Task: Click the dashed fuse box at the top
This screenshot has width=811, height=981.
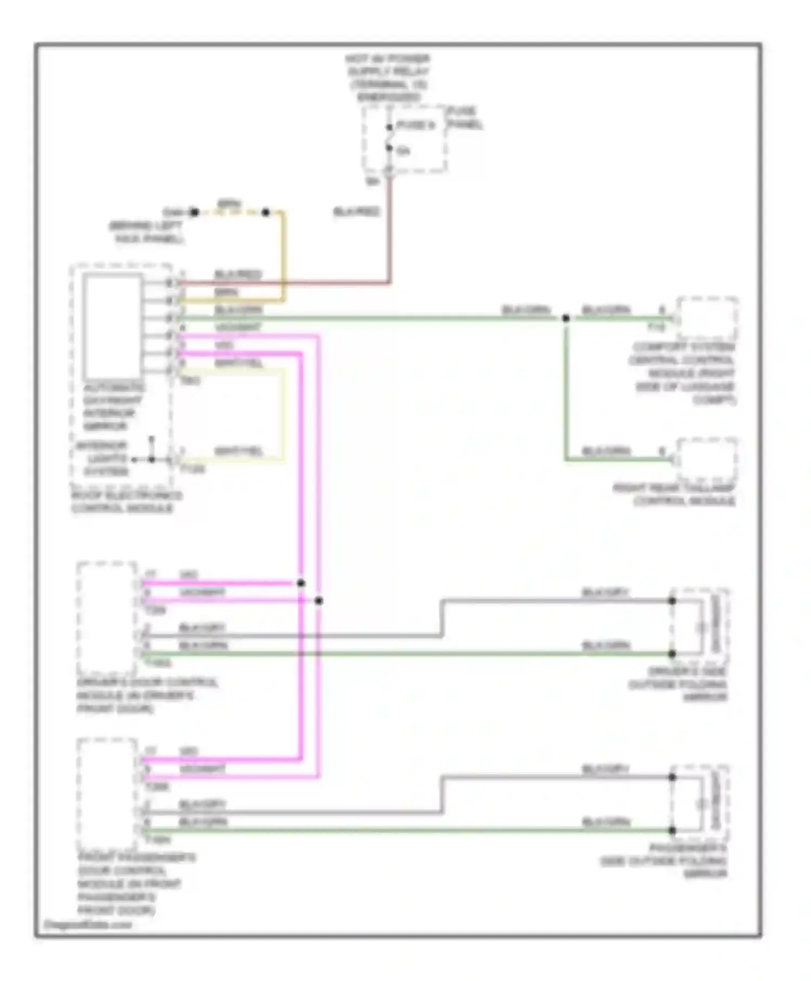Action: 405,140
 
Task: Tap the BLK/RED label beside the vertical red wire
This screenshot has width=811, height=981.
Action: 356,212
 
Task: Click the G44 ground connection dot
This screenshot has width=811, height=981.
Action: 194,213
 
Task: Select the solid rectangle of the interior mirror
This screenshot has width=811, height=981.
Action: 112,327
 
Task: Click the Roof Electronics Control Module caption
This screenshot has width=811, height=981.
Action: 127,502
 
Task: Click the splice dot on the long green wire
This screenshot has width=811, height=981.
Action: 566,318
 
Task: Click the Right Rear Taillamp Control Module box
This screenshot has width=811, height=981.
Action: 707,460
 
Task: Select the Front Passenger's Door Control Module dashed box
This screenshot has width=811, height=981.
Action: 107,793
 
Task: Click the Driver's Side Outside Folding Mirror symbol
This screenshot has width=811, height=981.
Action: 700,627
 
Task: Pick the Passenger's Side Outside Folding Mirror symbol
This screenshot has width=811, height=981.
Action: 700,804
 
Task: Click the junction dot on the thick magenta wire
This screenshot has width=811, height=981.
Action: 301,583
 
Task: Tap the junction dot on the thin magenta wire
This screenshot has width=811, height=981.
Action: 319,600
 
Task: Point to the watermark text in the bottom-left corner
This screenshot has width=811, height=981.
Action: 88,925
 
